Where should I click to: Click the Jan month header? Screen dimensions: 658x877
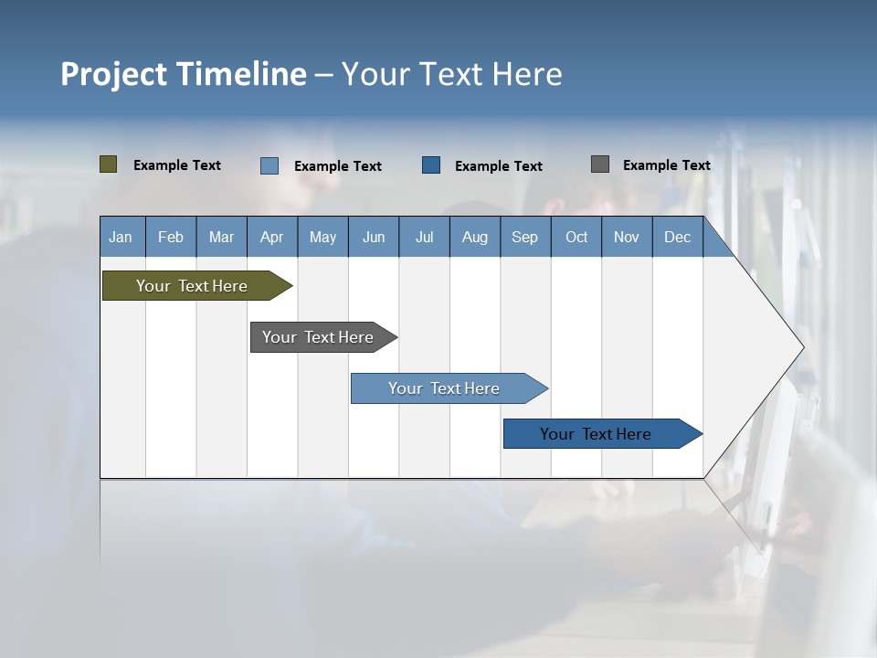pyautogui.click(x=121, y=237)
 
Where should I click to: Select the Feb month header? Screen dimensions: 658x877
pyautogui.click(x=171, y=237)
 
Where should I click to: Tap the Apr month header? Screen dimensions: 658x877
pyautogui.click(x=271, y=237)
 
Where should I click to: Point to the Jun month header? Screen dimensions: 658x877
pyautogui.click(x=374, y=237)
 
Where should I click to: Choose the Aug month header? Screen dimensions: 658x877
pyautogui.click(x=474, y=237)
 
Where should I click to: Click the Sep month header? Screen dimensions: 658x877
pyautogui.click(x=524, y=237)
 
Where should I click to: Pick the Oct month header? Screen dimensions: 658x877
pyautogui.click(x=576, y=237)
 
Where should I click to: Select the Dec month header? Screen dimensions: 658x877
pyautogui.click(x=677, y=237)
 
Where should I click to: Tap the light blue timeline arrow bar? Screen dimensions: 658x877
pyautogui.click(x=446, y=388)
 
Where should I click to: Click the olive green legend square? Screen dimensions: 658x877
pyautogui.click(x=108, y=164)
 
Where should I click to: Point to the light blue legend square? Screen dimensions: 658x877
pyautogui.click(x=269, y=165)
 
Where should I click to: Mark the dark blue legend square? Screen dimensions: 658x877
pyautogui.click(x=431, y=165)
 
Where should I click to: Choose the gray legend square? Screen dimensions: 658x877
pyautogui.click(x=600, y=164)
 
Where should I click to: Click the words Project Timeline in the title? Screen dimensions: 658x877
pyautogui.click(x=184, y=74)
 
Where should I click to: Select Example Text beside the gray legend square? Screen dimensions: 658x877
pyautogui.click(x=666, y=165)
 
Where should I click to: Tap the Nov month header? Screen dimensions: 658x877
pyautogui.click(x=627, y=237)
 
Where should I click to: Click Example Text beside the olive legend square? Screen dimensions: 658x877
pyautogui.click(x=177, y=165)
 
